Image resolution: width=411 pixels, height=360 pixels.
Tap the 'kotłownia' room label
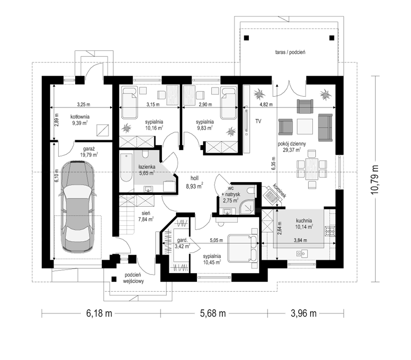pyautogui.click(x=80, y=117)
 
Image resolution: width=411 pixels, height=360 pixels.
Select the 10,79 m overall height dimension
pyautogui.click(x=376, y=179)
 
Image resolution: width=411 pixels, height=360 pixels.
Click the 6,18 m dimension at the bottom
pyautogui.click(x=99, y=313)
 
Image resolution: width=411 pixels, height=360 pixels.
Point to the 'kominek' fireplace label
pyautogui.click(x=279, y=191)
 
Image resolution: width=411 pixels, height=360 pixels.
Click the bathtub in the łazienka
pyautogui.click(x=127, y=168)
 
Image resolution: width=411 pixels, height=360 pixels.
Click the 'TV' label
pyautogui.click(x=258, y=121)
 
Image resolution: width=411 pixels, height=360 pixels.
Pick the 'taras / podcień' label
pyautogui.click(x=290, y=52)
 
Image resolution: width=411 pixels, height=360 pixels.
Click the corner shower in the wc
pyautogui.click(x=248, y=208)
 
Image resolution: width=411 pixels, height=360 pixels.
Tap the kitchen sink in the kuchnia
pyautogui.click(x=302, y=254)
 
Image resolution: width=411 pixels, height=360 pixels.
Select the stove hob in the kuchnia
pyautogui.click(x=328, y=230)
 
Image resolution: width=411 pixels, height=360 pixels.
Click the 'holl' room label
pyautogui.click(x=194, y=178)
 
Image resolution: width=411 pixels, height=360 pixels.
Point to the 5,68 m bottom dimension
pyautogui.click(x=213, y=313)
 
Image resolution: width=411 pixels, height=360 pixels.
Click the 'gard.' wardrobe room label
pyautogui.click(x=182, y=240)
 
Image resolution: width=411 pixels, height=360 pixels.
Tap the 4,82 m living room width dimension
pyautogui.click(x=266, y=104)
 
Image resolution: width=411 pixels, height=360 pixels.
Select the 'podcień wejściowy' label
pyautogui.click(x=133, y=278)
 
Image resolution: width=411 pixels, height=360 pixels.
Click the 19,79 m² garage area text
pyautogui.click(x=89, y=155)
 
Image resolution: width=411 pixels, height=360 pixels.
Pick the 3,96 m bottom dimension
pyautogui.click(x=303, y=313)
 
